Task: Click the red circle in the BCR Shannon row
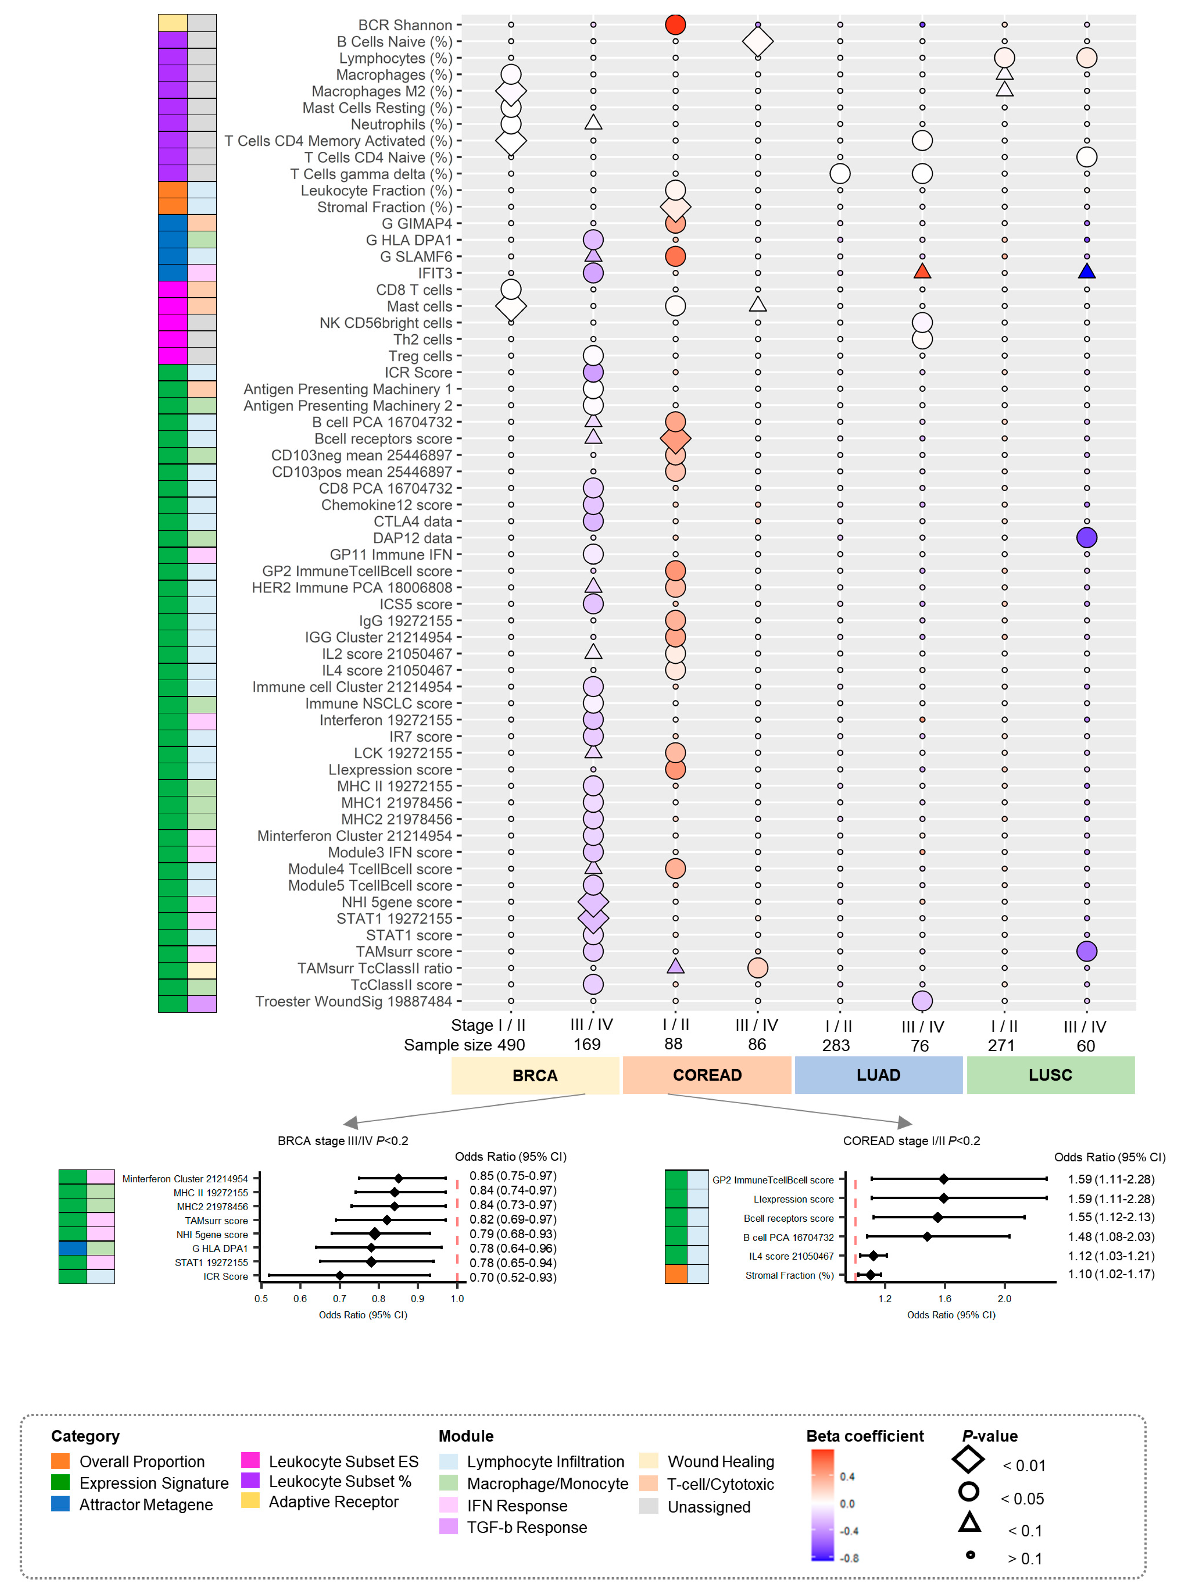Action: click(x=675, y=24)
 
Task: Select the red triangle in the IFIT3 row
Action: click(x=922, y=271)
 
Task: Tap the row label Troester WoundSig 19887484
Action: click(x=353, y=1001)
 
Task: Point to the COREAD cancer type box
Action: click(x=707, y=1075)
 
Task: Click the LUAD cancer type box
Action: click(x=878, y=1075)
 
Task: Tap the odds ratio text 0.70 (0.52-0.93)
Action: click(x=512, y=1277)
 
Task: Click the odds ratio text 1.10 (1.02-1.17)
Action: click(x=1110, y=1274)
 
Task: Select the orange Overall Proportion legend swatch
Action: click(x=61, y=1461)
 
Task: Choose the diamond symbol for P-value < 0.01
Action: click(x=969, y=1460)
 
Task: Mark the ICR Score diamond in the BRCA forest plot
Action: click(x=340, y=1276)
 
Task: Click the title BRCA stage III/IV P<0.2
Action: click(x=343, y=1140)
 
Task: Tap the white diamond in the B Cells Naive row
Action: click(x=757, y=42)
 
